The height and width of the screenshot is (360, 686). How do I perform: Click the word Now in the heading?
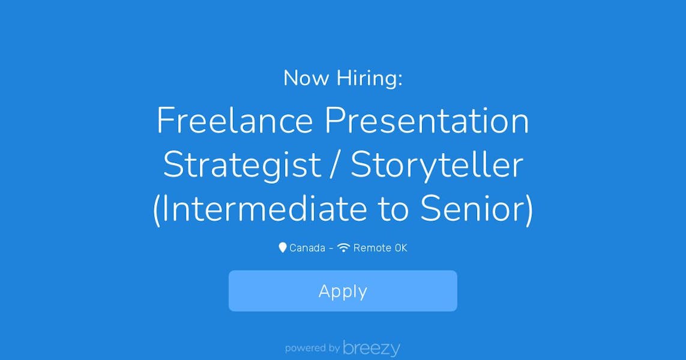(x=306, y=78)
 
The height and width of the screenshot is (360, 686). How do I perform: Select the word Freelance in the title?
(x=235, y=120)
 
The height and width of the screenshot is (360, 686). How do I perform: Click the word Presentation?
(x=427, y=120)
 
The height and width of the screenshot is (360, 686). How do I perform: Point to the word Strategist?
(x=242, y=166)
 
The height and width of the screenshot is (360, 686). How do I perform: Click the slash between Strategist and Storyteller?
(x=335, y=165)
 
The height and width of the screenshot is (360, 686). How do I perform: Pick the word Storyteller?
(x=436, y=166)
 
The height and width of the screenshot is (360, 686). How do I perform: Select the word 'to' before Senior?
(x=393, y=209)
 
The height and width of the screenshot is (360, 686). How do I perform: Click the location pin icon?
(x=283, y=248)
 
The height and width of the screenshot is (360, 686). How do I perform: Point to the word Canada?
(x=307, y=248)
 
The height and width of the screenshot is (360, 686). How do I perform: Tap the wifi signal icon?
(x=343, y=248)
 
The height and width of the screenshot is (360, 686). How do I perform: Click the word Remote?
(x=372, y=248)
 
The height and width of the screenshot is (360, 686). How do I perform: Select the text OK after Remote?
(x=401, y=248)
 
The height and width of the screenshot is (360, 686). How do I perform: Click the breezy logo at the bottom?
(x=372, y=349)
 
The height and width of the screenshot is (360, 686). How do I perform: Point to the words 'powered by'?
(x=312, y=348)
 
